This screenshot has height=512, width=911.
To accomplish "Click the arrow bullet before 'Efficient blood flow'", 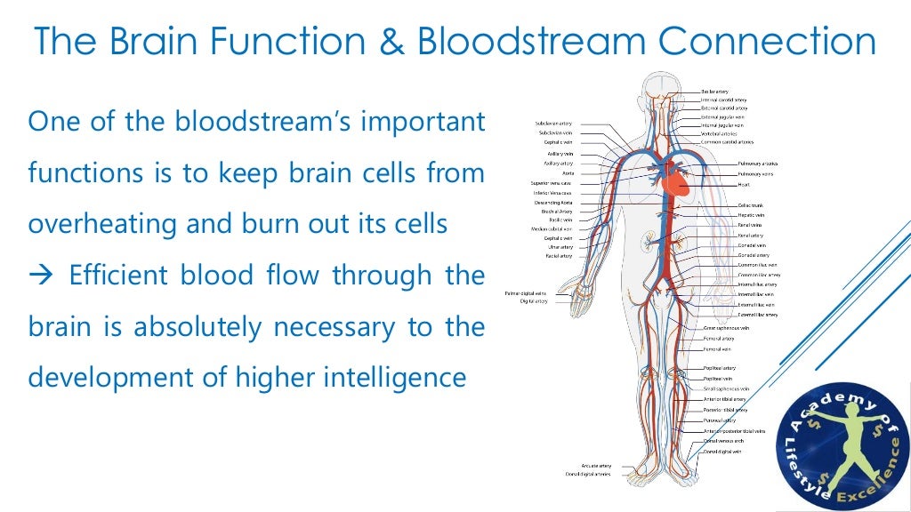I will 41,276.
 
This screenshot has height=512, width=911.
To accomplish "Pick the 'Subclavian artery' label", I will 553,123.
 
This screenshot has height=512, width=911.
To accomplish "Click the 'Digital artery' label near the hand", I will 534,301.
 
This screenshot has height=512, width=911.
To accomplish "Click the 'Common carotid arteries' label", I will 727,142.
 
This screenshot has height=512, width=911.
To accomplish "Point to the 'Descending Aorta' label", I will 552,203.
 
